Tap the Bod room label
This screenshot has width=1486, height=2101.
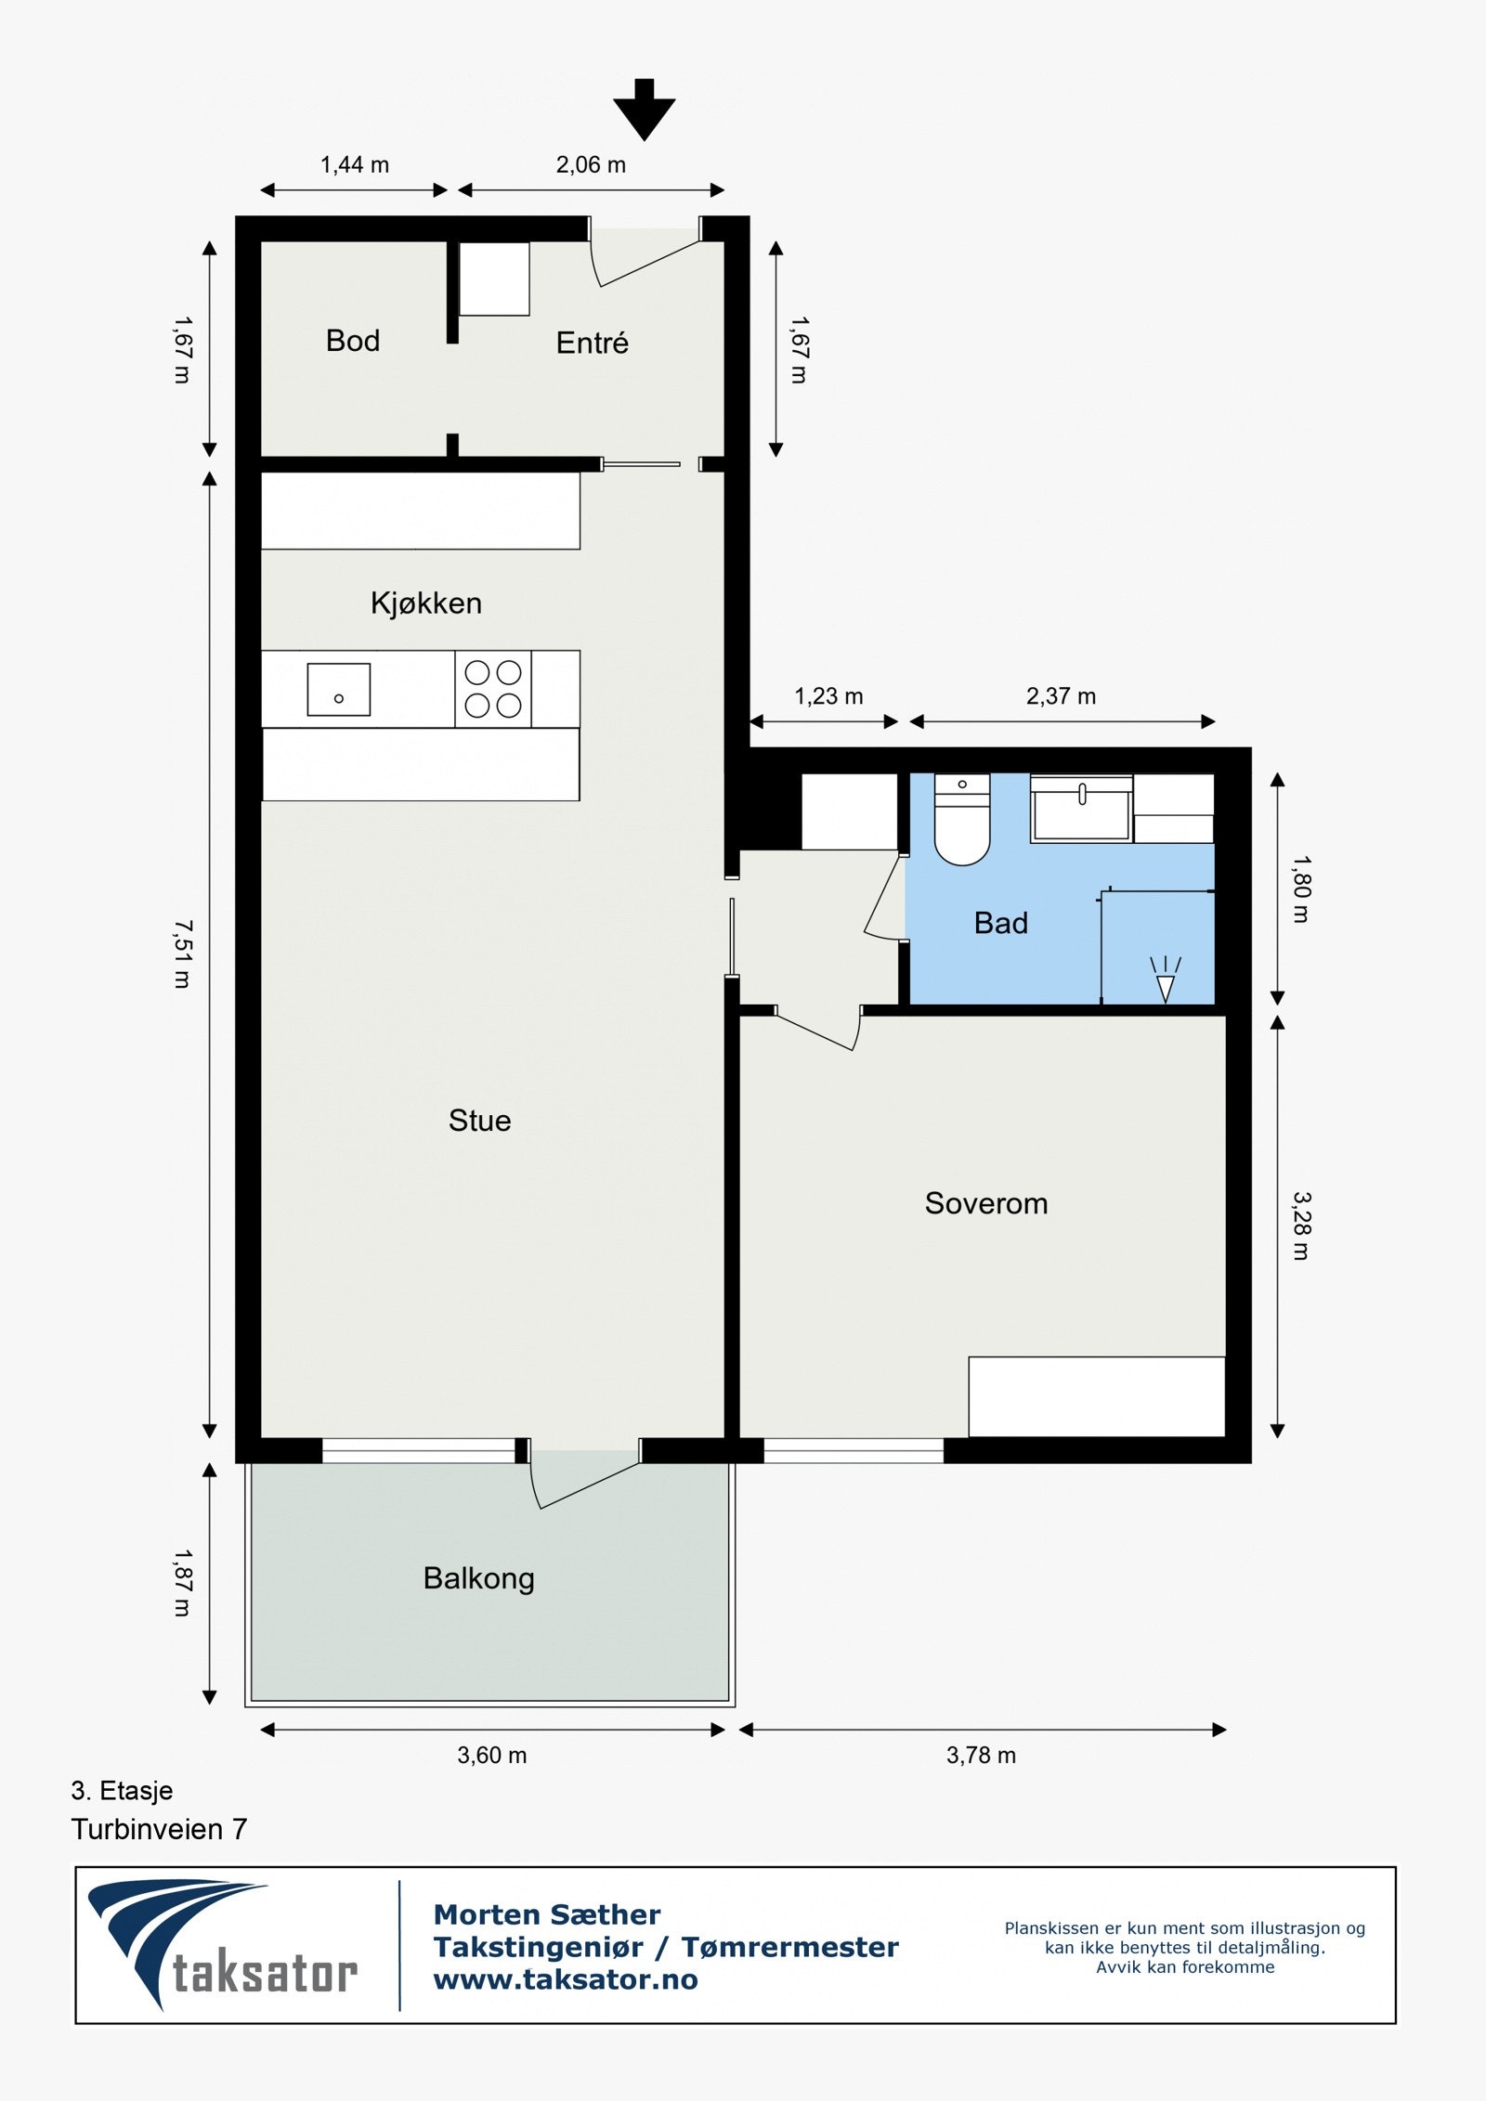click(x=353, y=341)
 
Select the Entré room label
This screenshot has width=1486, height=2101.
click(x=592, y=344)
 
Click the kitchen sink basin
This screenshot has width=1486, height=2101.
click(x=339, y=689)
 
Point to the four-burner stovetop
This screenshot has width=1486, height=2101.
click(x=493, y=688)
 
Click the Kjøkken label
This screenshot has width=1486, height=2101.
click(x=425, y=603)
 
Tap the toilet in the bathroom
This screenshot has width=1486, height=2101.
click(x=962, y=822)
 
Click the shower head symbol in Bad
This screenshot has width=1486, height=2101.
click(x=1166, y=979)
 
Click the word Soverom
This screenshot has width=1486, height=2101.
click(x=985, y=1203)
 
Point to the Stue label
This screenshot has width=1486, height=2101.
click(x=479, y=1121)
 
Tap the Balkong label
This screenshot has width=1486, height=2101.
click(x=478, y=1578)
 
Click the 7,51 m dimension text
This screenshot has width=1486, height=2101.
click(x=183, y=953)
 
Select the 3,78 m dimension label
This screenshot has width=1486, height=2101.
click(x=981, y=1755)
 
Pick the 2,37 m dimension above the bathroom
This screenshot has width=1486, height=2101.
click(x=1061, y=696)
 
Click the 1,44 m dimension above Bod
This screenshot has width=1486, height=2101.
click(x=355, y=165)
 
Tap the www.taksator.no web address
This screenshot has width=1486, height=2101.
click(x=566, y=1979)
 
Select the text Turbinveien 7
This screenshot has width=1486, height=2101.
click(x=159, y=1829)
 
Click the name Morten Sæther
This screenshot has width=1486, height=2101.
click(x=547, y=1914)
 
